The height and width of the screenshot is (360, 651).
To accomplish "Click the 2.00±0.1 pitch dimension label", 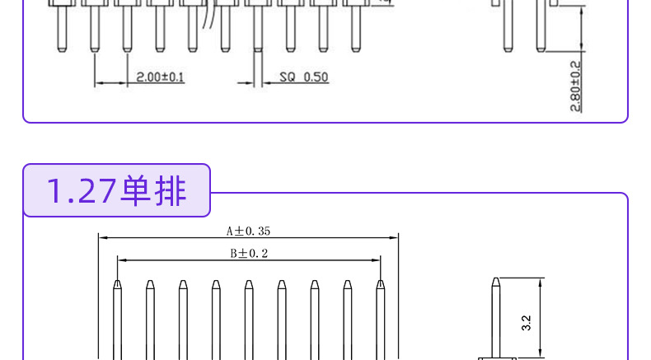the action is click(x=160, y=77).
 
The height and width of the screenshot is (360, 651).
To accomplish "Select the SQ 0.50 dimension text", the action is click(x=303, y=77).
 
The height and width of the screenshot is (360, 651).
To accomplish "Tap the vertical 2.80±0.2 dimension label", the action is click(x=575, y=86).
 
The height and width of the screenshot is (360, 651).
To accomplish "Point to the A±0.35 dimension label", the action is click(x=248, y=231).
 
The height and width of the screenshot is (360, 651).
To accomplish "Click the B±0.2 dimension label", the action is click(x=249, y=253).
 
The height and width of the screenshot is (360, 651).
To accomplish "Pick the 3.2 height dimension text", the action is click(x=526, y=323).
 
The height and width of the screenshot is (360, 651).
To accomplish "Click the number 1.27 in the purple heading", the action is click(x=82, y=191).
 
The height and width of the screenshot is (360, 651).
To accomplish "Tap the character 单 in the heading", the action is click(x=135, y=191).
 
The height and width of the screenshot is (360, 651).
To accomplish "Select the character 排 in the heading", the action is click(x=170, y=191).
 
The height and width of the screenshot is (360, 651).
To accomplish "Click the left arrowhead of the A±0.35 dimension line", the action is click(x=102, y=238).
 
